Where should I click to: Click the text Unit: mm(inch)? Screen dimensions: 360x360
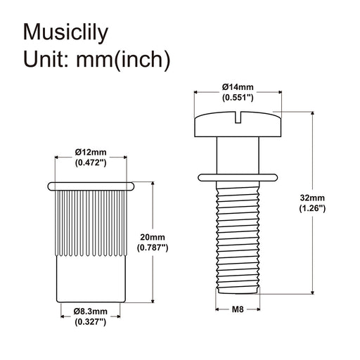tap(97, 60)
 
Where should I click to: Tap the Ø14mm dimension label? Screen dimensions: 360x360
tap(238, 86)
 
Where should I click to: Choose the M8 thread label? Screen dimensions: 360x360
tap(238, 307)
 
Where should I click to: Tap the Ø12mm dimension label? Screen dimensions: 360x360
tap(90, 152)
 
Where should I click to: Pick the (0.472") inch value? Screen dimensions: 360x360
tap(90, 162)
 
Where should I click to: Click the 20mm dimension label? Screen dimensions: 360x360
tap(167, 237)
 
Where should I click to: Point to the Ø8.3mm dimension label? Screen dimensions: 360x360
tap(90, 310)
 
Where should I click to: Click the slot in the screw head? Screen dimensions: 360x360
tap(238, 115)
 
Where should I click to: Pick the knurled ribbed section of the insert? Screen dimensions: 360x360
tap(90, 221)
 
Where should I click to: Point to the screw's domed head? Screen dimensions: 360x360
tap(218, 124)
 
